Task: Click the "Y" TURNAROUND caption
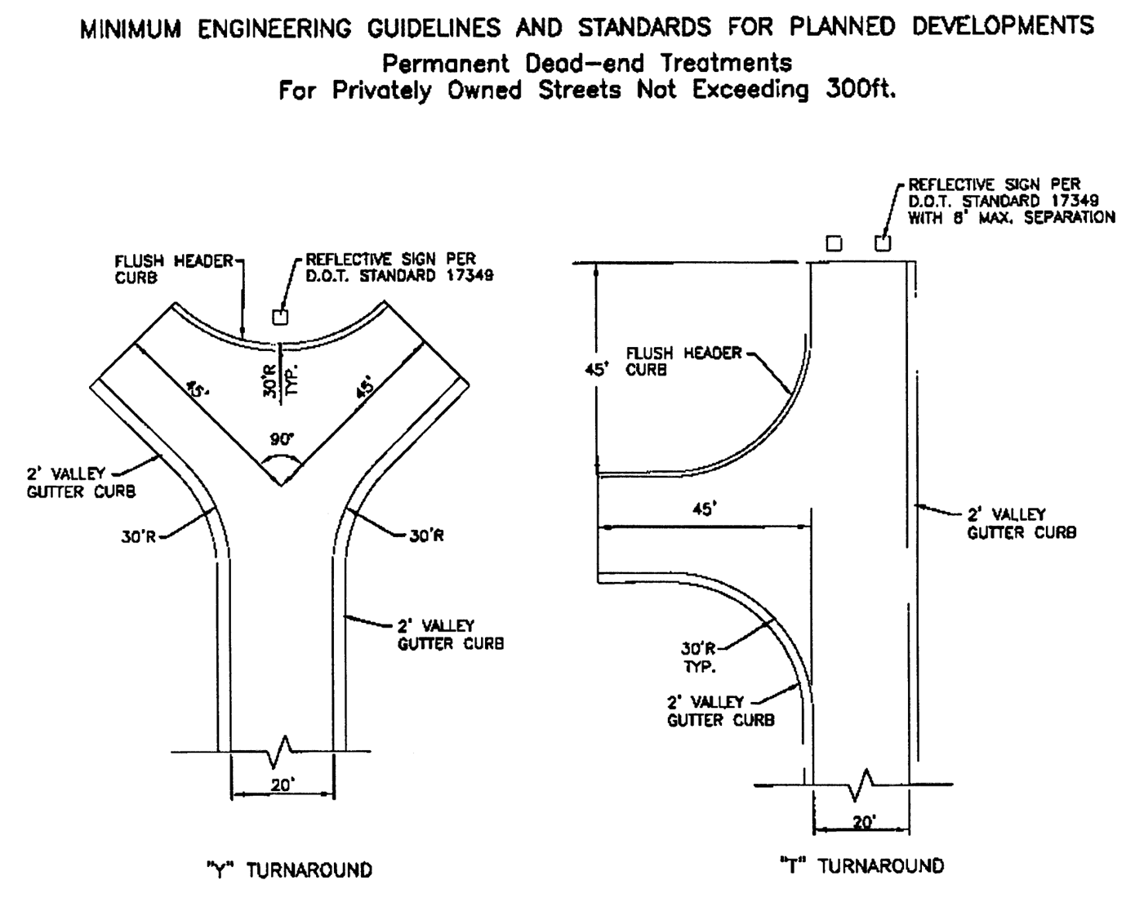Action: (x=289, y=870)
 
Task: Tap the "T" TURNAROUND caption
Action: (x=861, y=866)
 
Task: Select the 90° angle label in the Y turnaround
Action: (x=281, y=439)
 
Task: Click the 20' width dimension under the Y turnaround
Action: (x=283, y=785)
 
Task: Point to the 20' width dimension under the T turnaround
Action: (x=863, y=821)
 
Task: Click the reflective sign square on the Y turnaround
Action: (x=279, y=316)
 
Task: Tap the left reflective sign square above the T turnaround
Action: (x=834, y=243)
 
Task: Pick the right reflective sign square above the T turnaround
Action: (x=883, y=243)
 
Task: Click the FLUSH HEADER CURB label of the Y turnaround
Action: (x=174, y=269)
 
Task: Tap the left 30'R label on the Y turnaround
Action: (x=139, y=537)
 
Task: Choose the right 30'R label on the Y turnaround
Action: (x=426, y=537)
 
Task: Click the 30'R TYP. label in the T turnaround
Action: (x=699, y=657)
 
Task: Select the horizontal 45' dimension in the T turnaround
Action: (x=704, y=509)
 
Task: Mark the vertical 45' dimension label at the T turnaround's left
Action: (x=597, y=369)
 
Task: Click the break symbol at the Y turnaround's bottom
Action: (x=282, y=751)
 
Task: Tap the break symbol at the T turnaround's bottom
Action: (x=863, y=785)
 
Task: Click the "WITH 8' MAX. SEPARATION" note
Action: (x=1011, y=217)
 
